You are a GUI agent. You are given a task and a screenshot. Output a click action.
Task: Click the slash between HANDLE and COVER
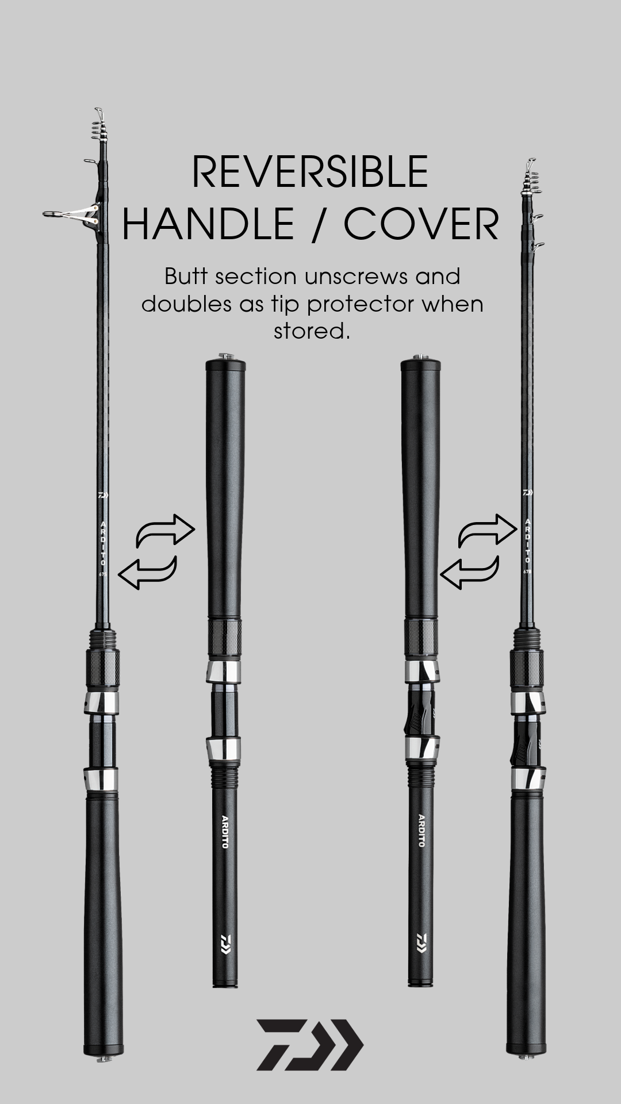(319, 224)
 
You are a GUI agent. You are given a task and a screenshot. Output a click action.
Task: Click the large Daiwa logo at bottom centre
(310, 1045)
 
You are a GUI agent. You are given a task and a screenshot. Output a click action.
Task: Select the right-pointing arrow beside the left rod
(166, 530)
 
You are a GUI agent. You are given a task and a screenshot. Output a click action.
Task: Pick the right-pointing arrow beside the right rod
(488, 530)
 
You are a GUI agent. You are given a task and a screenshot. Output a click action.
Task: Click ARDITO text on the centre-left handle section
(225, 831)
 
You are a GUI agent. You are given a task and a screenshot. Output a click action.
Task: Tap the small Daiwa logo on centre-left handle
(225, 942)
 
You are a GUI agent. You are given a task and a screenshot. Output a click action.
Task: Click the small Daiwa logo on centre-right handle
(421, 942)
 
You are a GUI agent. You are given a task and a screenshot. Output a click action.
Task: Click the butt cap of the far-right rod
(526, 1054)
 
